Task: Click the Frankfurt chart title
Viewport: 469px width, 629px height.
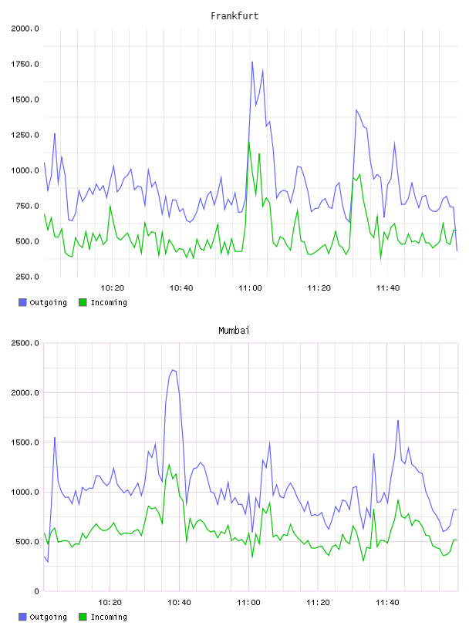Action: click(235, 16)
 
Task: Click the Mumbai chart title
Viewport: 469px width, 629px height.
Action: click(234, 331)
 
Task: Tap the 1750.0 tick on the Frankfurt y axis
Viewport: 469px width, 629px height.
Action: click(25, 64)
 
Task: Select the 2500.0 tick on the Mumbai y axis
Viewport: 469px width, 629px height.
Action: click(25, 343)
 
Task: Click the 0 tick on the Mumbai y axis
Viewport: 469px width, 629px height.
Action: click(36, 591)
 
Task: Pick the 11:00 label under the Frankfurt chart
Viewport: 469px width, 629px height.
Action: click(250, 288)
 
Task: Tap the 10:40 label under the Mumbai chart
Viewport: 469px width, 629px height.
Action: click(179, 603)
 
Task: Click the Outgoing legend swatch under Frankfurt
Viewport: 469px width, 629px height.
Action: click(22, 302)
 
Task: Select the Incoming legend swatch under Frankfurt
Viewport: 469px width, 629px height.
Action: click(83, 302)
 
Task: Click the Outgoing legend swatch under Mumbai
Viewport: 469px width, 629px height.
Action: click(22, 617)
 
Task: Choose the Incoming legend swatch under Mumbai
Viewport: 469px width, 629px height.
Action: click(83, 617)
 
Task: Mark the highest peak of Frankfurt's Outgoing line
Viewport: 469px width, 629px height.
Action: click(252, 62)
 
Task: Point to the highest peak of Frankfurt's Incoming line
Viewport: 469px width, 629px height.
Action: click(249, 142)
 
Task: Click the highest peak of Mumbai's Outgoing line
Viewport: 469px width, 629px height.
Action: click(173, 370)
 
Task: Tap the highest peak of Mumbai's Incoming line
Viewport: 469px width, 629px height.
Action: click(169, 465)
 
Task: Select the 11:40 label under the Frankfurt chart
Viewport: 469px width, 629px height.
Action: click(388, 288)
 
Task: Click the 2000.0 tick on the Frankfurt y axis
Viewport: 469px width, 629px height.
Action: click(25, 29)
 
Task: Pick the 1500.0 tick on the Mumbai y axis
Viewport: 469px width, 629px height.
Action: click(25, 442)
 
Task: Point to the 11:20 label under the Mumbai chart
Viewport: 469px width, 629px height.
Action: click(318, 603)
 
